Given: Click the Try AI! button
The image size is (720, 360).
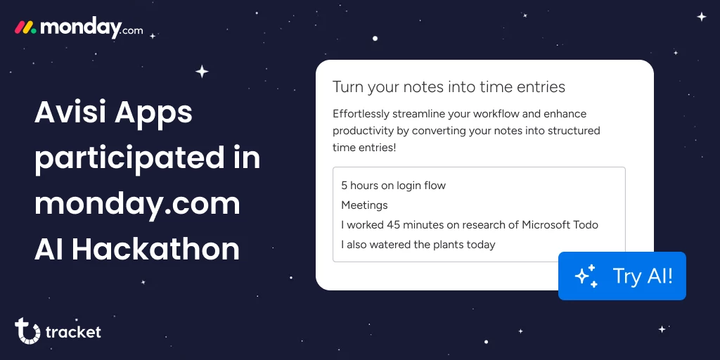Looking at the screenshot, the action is pos(622,276).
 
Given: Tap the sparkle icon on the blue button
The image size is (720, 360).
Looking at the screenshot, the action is pos(586,276).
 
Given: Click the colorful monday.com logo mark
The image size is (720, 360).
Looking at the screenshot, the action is pos(26,28).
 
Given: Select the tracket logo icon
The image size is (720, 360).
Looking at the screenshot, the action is pos(27,330).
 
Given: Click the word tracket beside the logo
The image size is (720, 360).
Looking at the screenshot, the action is pos(73,332).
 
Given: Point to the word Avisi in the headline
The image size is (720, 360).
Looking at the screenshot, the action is pos(71,112).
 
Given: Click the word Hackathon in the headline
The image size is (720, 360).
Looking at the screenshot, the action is pos(155,250).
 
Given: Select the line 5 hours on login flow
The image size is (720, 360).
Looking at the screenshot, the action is pos(394,186).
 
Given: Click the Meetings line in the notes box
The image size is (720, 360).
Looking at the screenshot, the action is pos(365,205).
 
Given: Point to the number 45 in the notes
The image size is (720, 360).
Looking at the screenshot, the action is pos(393,225).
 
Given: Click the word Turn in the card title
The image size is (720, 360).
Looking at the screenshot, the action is pos(346,86).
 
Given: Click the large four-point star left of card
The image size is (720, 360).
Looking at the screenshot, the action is pos(202,72).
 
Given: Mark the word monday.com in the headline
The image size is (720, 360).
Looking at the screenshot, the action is pos(138,205).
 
